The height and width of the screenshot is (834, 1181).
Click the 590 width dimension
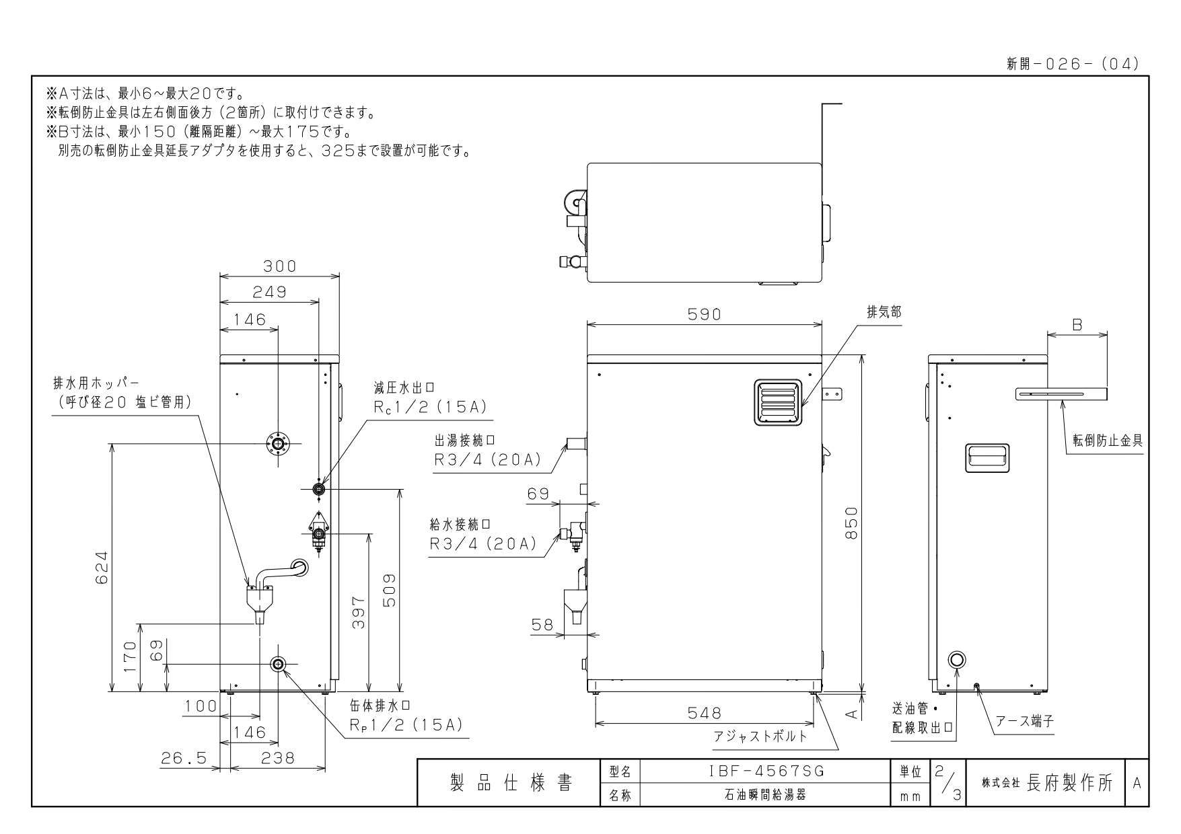click(x=704, y=314)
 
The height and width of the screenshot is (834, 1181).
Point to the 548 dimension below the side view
click(x=704, y=712)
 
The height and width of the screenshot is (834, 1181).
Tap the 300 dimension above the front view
click(x=279, y=266)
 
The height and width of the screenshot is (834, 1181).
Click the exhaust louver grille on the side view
click(x=779, y=402)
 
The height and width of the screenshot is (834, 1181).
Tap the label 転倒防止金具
click(x=1108, y=441)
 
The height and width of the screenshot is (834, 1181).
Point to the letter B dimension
click(x=1077, y=325)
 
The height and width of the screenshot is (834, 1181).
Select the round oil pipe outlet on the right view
click(x=957, y=659)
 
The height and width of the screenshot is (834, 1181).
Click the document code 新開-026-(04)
click(x=1072, y=64)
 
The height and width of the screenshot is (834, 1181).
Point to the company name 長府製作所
click(x=1070, y=784)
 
